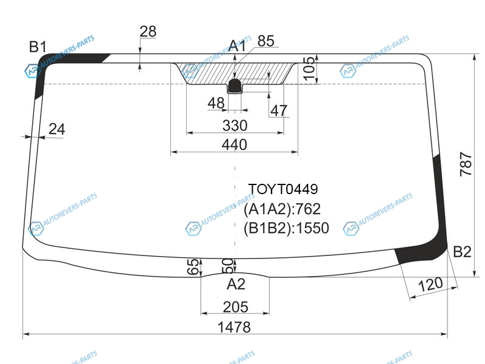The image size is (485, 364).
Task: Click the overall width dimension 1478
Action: tap(234, 327)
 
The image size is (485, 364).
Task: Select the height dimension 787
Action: tap(466, 164)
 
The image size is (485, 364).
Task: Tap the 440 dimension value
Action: tap(235, 144)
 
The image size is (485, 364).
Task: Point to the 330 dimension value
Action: tap(235, 126)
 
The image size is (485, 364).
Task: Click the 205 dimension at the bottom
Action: tap(235, 307)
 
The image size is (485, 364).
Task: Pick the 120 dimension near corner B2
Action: tap(430, 284)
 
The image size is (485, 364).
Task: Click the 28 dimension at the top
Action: tap(148, 32)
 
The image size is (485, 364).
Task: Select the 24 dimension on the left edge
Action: tap(57, 129)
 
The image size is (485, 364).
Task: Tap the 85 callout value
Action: tap(266, 41)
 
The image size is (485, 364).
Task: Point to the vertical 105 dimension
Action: tap(309, 69)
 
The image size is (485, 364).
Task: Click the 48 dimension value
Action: tap(216, 103)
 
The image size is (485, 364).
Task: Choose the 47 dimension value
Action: tap(279, 110)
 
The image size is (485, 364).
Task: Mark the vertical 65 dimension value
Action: tap(193, 266)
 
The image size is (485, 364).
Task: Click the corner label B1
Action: tap(38, 47)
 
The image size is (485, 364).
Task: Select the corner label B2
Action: tap(462, 252)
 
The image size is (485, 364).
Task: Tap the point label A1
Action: tap(237, 46)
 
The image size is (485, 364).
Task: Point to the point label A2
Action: tap(236, 284)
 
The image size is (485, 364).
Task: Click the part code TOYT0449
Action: tap(283, 189)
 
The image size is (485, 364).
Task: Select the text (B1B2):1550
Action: tap(286, 228)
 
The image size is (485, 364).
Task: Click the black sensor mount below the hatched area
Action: tap(235, 86)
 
